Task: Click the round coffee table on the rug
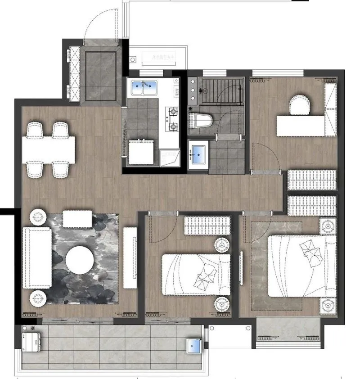tap(80, 260)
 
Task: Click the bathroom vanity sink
tap(198, 154)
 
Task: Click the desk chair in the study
tap(300, 106)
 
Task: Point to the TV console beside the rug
tap(130, 257)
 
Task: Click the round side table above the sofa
tap(39, 217)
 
